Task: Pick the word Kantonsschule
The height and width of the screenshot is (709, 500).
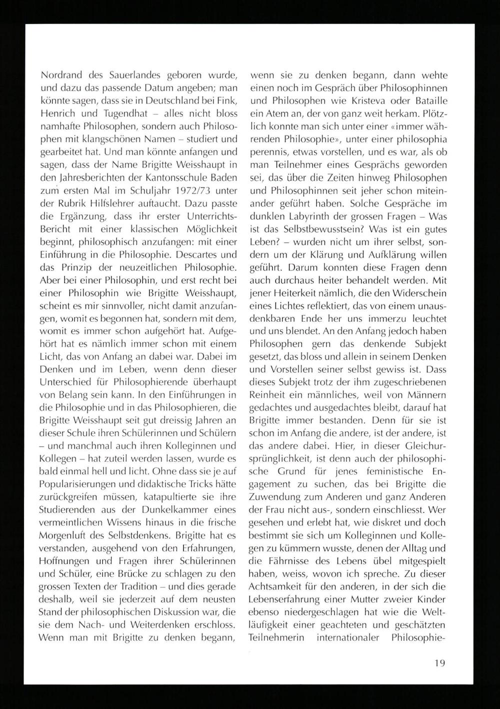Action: click(185, 178)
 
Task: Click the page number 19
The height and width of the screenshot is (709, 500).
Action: click(439, 663)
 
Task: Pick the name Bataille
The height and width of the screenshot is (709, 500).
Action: click(429, 101)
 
